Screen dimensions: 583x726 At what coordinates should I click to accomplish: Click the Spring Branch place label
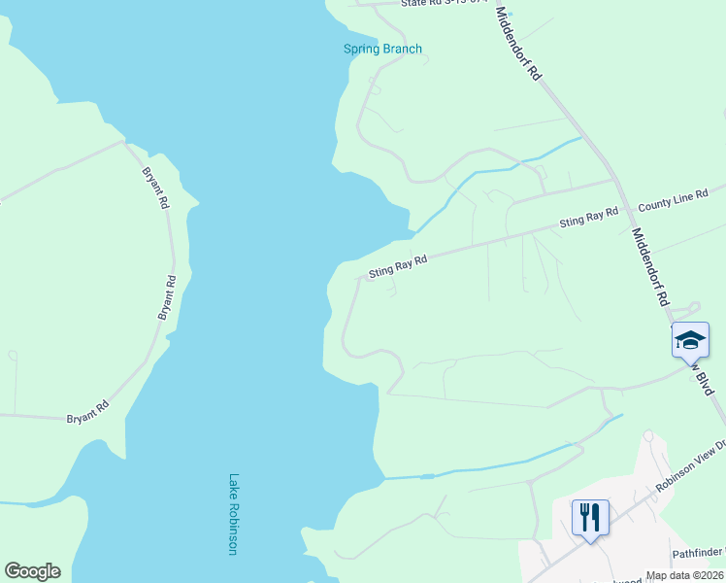pyautogui.click(x=382, y=49)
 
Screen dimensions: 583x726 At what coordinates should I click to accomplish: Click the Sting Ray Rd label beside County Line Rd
pyautogui.click(x=589, y=218)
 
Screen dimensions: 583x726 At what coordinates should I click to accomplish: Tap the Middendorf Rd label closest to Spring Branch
pyautogui.click(x=518, y=44)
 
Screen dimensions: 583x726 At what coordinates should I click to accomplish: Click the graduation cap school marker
pyautogui.click(x=689, y=340)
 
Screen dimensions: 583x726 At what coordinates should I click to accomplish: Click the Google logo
pyautogui.click(x=32, y=571)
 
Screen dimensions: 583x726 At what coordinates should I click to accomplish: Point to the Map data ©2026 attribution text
pyautogui.click(x=684, y=575)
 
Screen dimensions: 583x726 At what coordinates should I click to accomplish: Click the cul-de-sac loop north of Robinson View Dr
pyautogui.click(x=647, y=438)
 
